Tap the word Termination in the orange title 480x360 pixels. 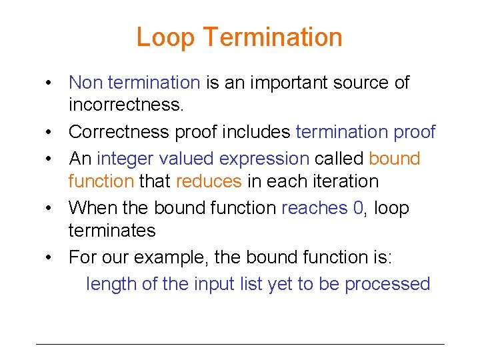pos(274,37)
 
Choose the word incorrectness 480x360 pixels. pos(125,105)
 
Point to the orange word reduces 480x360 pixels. pos(209,181)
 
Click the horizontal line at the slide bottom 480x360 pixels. pos(240,344)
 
